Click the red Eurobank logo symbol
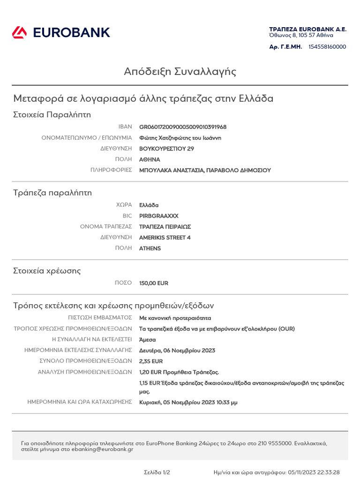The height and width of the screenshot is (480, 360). point(19,32)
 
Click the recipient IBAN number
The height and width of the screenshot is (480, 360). point(183,127)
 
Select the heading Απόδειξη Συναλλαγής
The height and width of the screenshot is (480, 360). point(180,72)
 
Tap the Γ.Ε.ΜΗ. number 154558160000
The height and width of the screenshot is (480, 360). point(327,47)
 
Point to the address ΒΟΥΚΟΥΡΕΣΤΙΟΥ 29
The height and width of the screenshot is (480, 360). point(166,149)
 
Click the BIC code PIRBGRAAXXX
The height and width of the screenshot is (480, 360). point(159,216)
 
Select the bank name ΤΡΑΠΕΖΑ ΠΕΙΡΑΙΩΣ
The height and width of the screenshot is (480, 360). point(165,227)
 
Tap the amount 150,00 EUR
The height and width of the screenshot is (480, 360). point(154,283)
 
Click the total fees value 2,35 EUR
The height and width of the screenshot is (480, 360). point(151,361)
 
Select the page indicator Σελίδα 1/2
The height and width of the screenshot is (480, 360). point(157,472)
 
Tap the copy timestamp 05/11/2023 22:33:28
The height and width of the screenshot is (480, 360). point(314,472)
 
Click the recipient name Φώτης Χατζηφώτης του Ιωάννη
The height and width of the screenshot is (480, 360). point(180,138)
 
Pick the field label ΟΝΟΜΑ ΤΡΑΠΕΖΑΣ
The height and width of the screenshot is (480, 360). point(106,227)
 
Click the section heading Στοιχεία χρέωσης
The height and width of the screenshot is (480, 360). point(47,271)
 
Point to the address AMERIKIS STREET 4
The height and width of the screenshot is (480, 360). point(165,238)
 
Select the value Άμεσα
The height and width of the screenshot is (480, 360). point(148,340)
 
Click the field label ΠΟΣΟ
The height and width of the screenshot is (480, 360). point(123,283)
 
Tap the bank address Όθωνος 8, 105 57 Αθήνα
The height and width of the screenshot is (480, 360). point(301,35)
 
